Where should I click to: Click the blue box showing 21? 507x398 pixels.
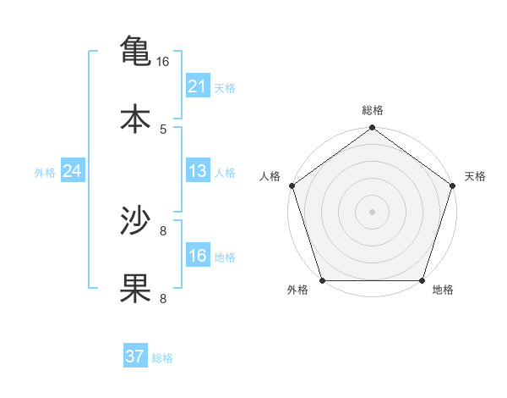(197, 86)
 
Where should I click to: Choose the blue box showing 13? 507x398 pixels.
(197, 172)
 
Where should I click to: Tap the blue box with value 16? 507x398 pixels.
(197, 256)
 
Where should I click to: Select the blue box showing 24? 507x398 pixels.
(72, 172)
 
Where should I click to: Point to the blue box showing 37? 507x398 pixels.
(134, 357)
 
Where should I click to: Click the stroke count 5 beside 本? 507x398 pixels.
(163, 129)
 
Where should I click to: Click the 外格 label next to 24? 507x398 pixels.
(45, 173)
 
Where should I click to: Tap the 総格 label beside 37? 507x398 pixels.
(162, 357)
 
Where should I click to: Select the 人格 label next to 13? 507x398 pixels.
(225, 173)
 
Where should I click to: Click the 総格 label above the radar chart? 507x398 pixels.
(372, 110)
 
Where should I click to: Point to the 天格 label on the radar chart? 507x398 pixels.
(475, 176)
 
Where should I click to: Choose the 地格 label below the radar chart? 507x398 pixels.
(443, 290)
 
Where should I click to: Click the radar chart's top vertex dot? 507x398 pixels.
(372, 128)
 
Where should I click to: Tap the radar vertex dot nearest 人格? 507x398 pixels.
(292, 185)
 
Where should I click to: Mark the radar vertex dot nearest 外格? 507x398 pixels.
(322, 280)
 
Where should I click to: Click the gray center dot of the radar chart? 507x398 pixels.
(372, 211)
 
